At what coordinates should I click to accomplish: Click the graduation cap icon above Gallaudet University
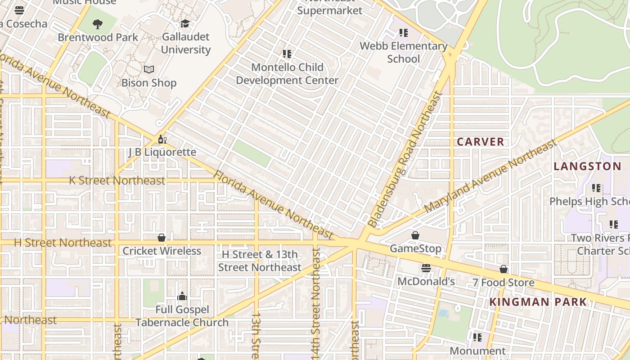coord(185,24)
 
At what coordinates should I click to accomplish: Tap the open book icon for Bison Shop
coord(149,69)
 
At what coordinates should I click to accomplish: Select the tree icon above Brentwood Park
coord(97,24)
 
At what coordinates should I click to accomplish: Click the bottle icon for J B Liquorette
coord(162,139)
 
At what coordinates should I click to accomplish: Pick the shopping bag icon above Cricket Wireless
coord(162,238)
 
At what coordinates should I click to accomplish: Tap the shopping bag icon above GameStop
coord(415,235)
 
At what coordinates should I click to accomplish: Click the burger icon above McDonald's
coord(426,268)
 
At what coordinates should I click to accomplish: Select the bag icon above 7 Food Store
coord(504,269)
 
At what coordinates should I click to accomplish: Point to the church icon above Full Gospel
coord(182,296)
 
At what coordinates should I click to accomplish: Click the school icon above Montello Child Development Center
coord(287,54)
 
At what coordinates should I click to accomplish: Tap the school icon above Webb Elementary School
coord(404,33)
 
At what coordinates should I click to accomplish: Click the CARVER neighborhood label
coord(481,142)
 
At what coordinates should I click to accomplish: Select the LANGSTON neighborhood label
coord(587,166)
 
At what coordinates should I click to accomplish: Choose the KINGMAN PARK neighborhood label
coord(538,302)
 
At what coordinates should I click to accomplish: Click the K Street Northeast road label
coord(117,180)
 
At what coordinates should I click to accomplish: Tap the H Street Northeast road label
coord(63,243)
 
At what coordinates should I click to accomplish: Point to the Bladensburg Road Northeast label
coord(405,160)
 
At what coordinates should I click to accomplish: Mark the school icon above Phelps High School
coord(596,188)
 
